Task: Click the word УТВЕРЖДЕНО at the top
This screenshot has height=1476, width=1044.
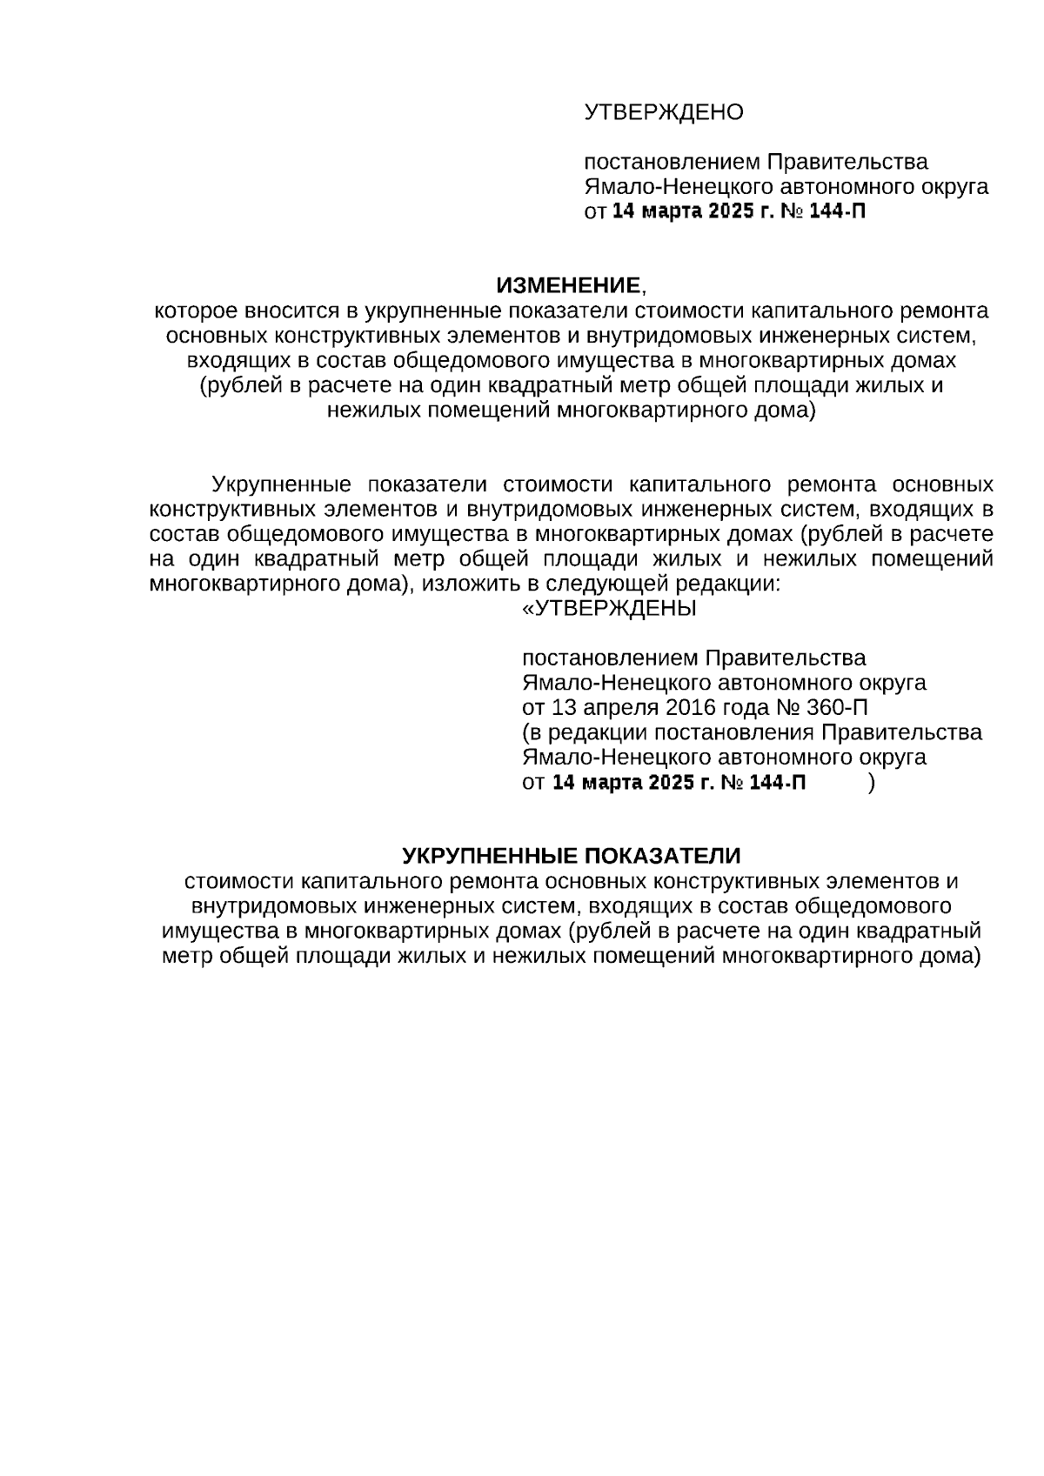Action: [x=664, y=112]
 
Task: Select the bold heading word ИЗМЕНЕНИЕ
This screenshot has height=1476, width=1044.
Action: [x=568, y=285]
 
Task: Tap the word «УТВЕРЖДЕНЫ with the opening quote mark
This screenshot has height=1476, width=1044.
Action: [x=609, y=608]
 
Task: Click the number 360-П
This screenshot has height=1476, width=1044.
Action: [x=842, y=707]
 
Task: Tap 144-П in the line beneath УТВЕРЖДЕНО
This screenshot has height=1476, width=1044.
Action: [x=838, y=211]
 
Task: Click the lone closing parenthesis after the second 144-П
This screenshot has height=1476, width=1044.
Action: [x=872, y=783]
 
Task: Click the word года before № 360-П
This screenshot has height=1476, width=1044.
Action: [x=740, y=707]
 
